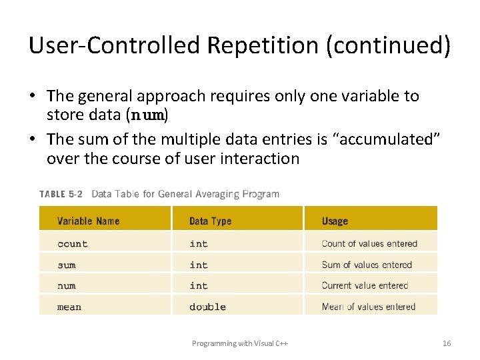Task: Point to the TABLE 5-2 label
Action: point(61,194)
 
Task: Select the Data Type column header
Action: point(210,221)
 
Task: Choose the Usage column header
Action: point(335,221)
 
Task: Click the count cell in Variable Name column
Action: point(73,244)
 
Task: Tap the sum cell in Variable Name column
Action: point(67,265)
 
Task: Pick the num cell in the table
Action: point(67,286)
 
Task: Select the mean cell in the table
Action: point(69,307)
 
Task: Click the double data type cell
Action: point(207,307)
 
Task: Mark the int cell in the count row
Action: point(199,244)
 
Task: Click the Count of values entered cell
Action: point(369,244)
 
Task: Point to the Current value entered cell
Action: point(365,286)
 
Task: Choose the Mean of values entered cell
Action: point(368,307)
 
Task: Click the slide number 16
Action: point(447,343)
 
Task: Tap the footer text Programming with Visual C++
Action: point(240,343)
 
